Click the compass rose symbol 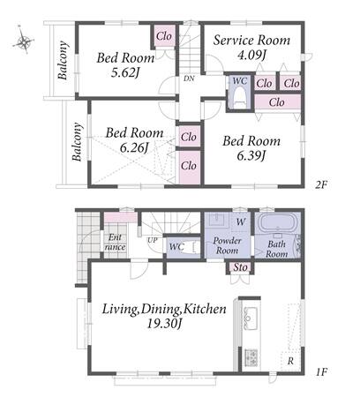[24, 41]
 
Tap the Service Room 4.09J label [251, 47]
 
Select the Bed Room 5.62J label [125, 64]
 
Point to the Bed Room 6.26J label [134, 140]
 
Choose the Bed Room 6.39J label [251, 148]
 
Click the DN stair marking [189, 79]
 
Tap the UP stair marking [153, 240]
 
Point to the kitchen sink [251, 318]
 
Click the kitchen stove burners [251, 357]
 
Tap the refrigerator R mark [290, 361]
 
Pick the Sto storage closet [240, 267]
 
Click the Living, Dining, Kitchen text [164, 309]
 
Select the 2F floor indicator [321, 184]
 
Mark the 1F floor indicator [321, 372]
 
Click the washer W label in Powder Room [241, 221]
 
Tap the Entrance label [115, 242]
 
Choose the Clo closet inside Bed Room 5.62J [164, 36]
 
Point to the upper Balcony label [63, 60]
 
